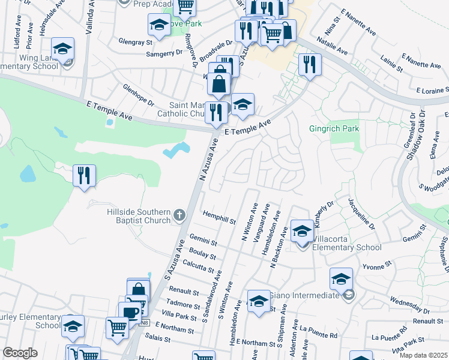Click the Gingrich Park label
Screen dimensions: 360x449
click(x=333, y=128)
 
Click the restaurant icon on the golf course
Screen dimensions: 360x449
click(x=83, y=176)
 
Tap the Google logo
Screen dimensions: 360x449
click(x=20, y=353)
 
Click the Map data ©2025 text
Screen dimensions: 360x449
click(x=423, y=355)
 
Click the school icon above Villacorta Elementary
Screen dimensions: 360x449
click(x=302, y=230)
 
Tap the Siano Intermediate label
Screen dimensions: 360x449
click(x=305, y=295)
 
